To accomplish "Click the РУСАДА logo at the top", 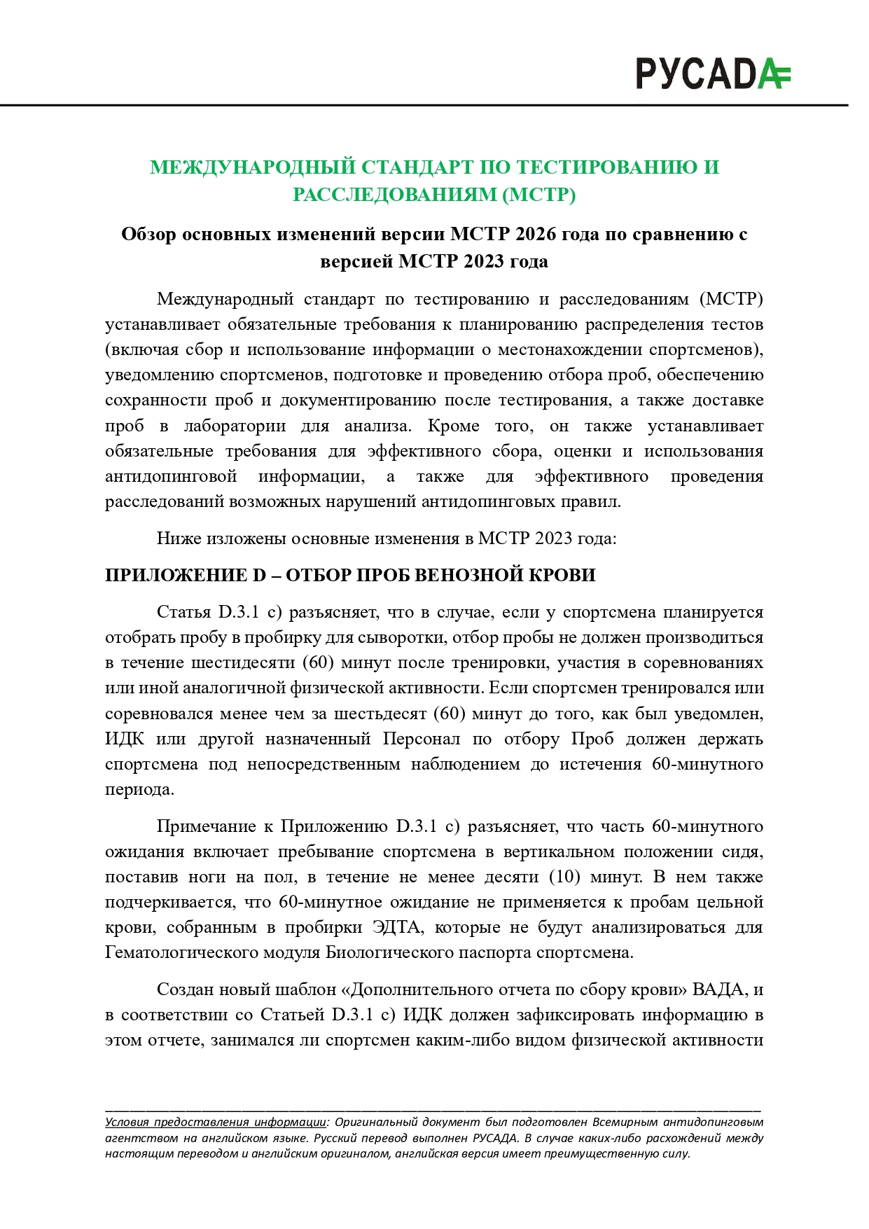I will [x=712, y=74].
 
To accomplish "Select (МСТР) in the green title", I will [x=538, y=194].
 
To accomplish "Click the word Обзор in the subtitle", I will [x=148, y=234].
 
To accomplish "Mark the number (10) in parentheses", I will [x=564, y=877].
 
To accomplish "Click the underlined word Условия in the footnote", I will [x=127, y=1122].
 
